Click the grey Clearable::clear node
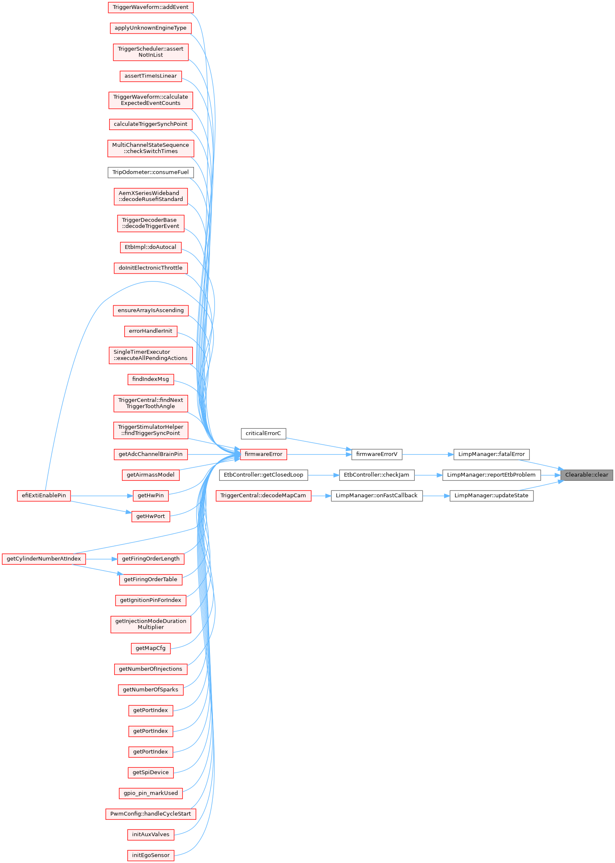(x=586, y=475)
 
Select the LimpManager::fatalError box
(x=492, y=454)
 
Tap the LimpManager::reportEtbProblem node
(x=491, y=475)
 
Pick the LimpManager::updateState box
(x=492, y=495)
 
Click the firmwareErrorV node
(x=377, y=454)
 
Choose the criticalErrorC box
(x=264, y=433)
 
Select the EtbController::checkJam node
(x=377, y=475)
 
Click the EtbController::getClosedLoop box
(x=264, y=475)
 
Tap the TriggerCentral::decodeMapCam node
(x=263, y=495)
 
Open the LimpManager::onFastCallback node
(x=377, y=495)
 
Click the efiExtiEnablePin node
(x=44, y=495)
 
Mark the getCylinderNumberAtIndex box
(x=44, y=559)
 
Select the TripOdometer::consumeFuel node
(x=151, y=172)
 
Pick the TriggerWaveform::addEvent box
(x=151, y=7)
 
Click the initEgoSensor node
(x=151, y=855)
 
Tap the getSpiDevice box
(x=151, y=772)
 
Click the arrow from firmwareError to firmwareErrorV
(x=319, y=454)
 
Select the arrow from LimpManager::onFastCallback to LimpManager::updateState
(x=436, y=495)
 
